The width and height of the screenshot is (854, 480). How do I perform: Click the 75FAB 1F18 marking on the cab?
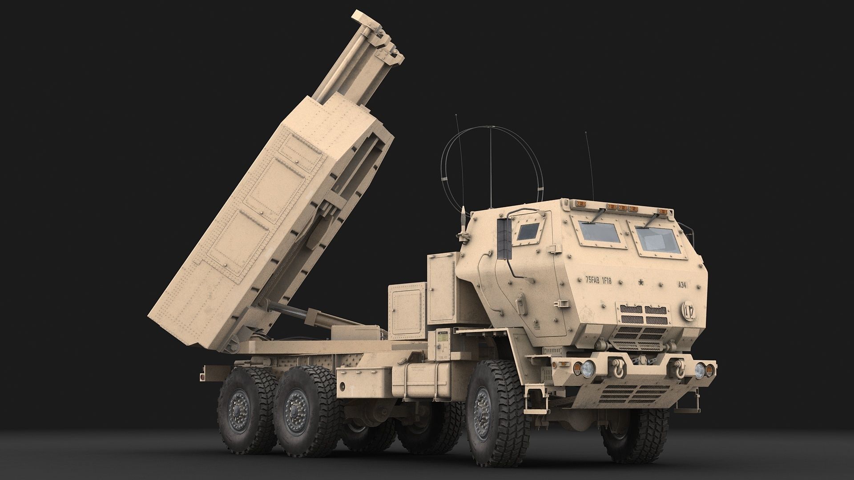[x=598, y=280]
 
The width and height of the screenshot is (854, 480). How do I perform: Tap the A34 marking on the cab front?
[x=681, y=284]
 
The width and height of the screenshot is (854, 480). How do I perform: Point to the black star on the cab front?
[x=641, y=282]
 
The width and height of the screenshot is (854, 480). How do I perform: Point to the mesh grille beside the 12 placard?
[x=643, y=314]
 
